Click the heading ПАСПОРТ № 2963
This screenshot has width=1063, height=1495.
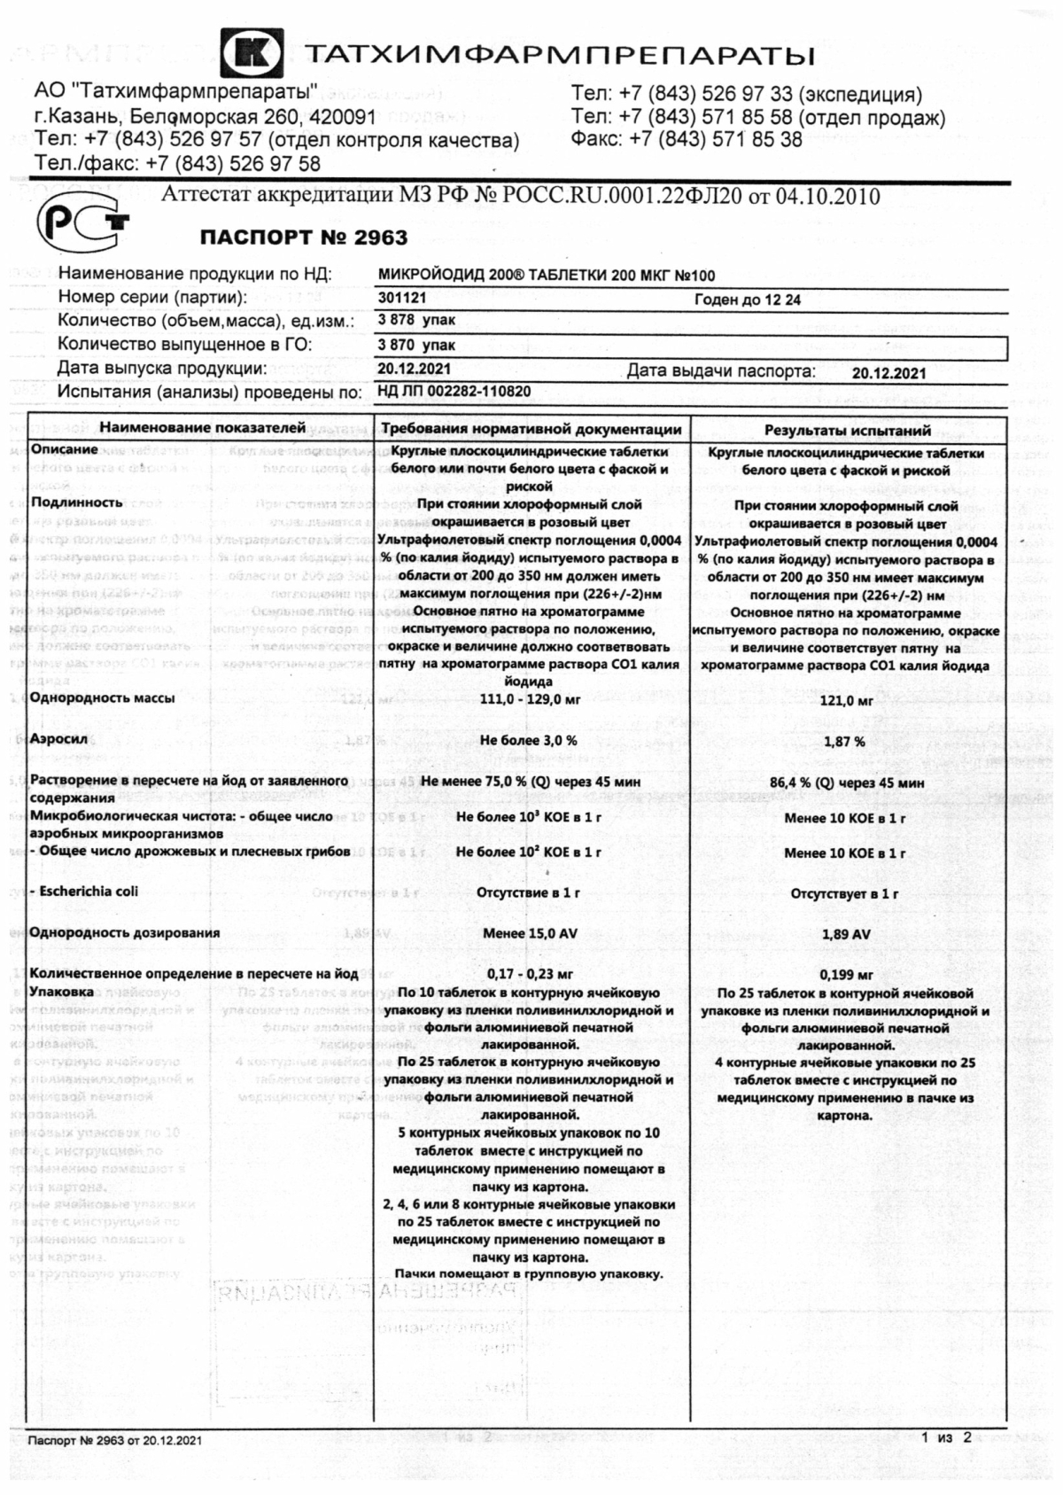pos(304,237)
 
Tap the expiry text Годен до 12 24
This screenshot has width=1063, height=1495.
pos(748,300)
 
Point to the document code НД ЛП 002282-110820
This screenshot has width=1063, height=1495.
pos(454,392)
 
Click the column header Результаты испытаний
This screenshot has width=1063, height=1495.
pos(848,431)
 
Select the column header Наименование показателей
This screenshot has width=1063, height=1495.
pos(202,428)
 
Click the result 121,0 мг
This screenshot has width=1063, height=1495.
pos(846,700)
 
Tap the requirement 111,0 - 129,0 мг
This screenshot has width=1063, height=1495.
pos(530,699)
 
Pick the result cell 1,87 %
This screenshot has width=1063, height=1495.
pos(845,741)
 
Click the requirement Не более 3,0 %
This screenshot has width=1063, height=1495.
pos(529,740)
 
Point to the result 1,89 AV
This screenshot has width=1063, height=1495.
pos(846,934)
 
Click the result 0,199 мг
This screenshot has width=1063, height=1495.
pos(846,975)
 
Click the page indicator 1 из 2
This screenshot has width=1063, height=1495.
pos(946,1437)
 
